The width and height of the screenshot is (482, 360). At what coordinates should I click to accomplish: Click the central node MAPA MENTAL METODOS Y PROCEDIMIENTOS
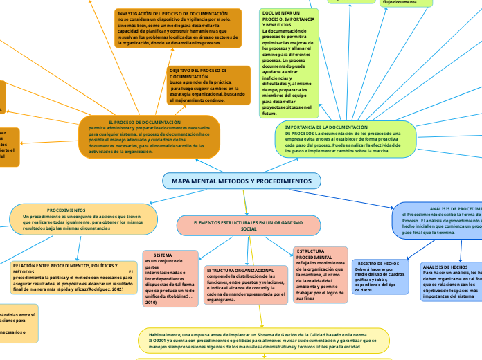[242, 181]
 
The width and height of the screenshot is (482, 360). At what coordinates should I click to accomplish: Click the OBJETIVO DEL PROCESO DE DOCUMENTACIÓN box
[208, 85]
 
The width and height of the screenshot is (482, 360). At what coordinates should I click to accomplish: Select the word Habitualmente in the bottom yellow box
[164, 334]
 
